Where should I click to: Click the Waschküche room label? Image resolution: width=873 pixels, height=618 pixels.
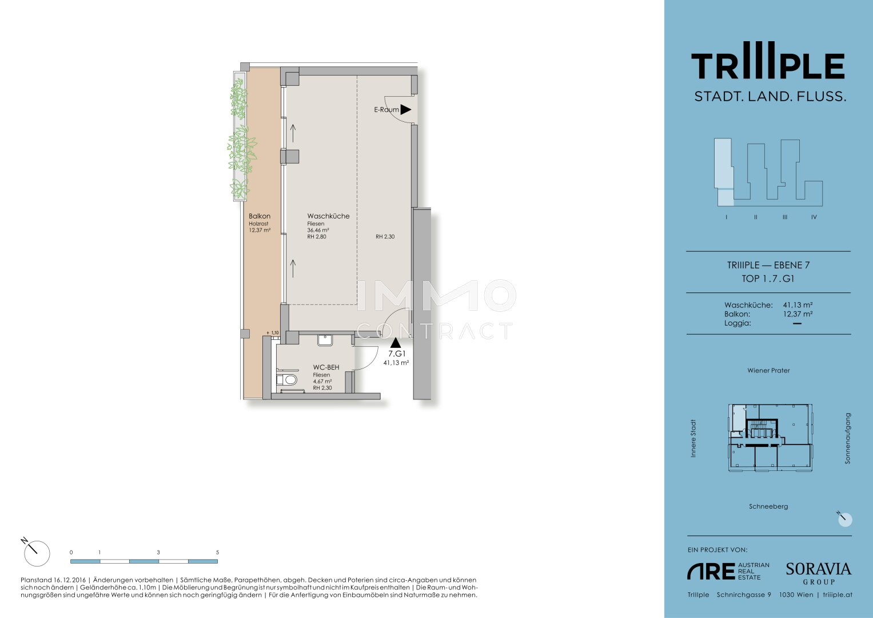coord(328,216)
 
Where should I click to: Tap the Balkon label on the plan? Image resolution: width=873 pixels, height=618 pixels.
coord(260,216)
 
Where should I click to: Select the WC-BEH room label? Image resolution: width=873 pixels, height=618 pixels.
coord(326,367)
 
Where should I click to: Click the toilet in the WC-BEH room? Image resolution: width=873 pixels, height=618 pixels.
coord(287,379)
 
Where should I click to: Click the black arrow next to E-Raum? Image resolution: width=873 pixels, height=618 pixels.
coord(406,110)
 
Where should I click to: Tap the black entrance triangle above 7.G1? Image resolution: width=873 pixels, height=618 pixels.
coord(396,343)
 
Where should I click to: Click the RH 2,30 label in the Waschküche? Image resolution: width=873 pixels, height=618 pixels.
coord(385,236)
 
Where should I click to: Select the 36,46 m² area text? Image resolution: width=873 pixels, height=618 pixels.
coord(318,230)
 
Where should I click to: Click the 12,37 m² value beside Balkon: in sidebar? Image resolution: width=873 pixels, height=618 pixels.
coord(798,314)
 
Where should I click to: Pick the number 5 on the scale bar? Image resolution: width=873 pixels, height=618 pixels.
coord(217,552)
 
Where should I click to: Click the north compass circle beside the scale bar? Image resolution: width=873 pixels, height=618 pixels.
coord(37,553)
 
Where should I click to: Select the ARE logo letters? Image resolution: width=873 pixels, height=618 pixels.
coord(711,571)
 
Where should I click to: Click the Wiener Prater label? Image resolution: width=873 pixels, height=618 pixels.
coord(768,370)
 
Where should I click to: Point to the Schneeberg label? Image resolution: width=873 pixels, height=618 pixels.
coord(768,506)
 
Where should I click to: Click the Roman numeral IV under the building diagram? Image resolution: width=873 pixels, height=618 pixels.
coord(814,217)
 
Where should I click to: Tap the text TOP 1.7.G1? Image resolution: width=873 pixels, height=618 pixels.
coord(768,279)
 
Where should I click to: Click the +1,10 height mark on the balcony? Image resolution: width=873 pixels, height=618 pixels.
coord(273,333)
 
